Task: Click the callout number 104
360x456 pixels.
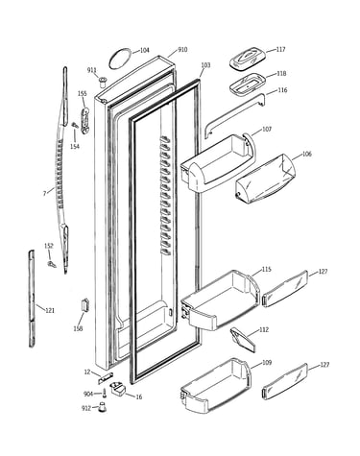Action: point(145,50)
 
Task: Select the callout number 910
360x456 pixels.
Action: point(182,50)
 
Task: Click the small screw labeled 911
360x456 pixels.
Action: point(103,83)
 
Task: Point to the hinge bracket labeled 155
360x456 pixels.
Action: point(85,121)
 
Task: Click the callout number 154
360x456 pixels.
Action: point(75,146)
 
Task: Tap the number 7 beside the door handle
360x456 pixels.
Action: point(45,193)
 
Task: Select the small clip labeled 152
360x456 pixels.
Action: point(52,264)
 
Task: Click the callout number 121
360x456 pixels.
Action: point(50,310)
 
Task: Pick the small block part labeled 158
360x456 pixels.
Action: point(85,305)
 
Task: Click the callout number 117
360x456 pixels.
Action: point(280,50)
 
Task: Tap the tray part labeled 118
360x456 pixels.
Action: point(248,84)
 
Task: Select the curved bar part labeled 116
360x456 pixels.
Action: point(235,115)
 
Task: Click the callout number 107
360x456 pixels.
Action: point(267,129)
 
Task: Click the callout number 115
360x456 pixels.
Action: point(266,269)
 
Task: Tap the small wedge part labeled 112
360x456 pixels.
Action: point(243,340)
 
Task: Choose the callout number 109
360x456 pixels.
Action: point(267,363)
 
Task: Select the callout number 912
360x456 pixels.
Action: point(86,408)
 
